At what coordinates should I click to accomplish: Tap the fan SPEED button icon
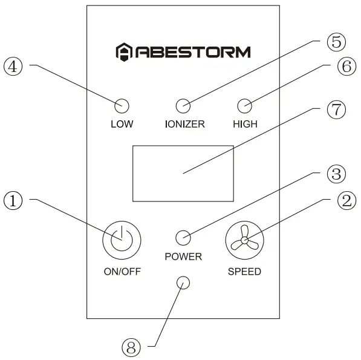pyautogui.click(x=244, y=240)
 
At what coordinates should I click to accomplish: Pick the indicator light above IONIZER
pyautogui.click(x=183, y=106)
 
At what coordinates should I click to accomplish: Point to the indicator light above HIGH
pyautogui.click(x=244, y=106)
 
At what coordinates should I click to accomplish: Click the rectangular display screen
pyautogui.click(x=183, y=173)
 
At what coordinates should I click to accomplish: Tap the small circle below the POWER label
pyautogui.click(x=183, y=283)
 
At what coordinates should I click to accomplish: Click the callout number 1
pyautogui.click(x=14, y=200)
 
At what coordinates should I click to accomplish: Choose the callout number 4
pyautogui.click(x=14, y=66)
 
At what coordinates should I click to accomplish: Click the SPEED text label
pyautogui.click(x=244, y=272)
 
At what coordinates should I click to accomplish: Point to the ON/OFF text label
pyautogui.click(x=122, y=272)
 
